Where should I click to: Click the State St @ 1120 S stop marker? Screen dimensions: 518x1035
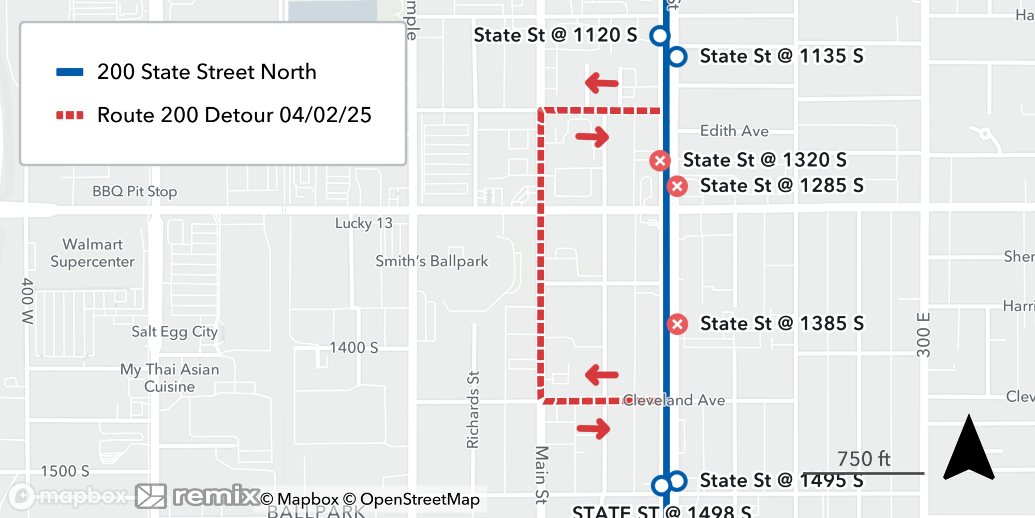pos(660,36)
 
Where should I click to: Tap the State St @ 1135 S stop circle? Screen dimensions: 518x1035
pos(677,56)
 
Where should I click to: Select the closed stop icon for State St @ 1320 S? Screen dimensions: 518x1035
pos(660,161)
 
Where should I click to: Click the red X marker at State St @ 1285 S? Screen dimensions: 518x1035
pos(677,186)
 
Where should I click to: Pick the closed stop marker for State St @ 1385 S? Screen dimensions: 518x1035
pos(677,324)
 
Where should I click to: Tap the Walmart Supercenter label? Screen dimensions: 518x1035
pos(93,253)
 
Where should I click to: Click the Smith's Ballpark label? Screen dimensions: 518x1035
pos(432,261)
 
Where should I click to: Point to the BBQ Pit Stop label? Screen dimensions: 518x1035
pos(135,192)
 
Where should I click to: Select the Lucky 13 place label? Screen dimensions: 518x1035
pos(364,223)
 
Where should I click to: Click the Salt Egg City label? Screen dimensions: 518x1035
pos(174,332)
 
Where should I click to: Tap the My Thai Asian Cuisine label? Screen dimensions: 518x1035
pos(170,378)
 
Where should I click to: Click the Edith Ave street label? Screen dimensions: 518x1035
pos(734,131)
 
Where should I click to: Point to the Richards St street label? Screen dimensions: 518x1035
pos(472,409)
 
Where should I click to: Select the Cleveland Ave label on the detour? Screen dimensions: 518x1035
pos(674,400)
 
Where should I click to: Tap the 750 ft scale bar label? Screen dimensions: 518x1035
pos(864,459)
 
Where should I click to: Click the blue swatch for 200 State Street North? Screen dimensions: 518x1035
pos(70,72)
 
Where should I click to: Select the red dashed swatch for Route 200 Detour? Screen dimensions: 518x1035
pos(70,115)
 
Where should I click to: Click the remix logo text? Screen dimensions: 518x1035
pos(216,496)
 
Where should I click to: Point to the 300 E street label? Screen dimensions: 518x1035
pos(924,335)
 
